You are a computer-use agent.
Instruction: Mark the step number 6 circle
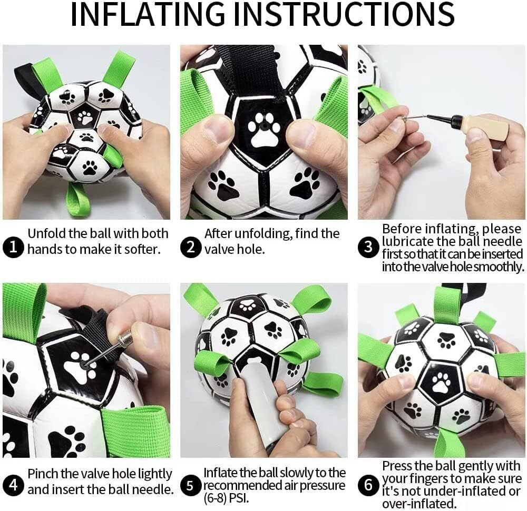(369, 485)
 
